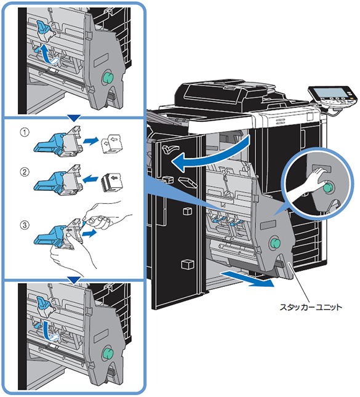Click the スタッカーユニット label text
click(x=310, y=307)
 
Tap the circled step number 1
click(x=25, y=132)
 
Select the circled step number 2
click(x=25, y=172)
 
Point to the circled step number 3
click(x=25, y=225)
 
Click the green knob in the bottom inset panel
click(x=108, y=354)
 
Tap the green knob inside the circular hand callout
click(x=328, y=188)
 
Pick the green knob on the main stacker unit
click(x=274, y=243)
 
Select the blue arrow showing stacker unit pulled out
click(x=247, y=278)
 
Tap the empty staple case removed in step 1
click(x=111, y=144)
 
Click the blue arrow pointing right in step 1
click(x=90, y=140)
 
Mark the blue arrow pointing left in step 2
click(x=90, y=179)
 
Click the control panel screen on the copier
click(x=330, y=93)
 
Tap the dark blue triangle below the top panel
click(x=74, y=118)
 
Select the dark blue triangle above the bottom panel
click(x=74, y=280)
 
